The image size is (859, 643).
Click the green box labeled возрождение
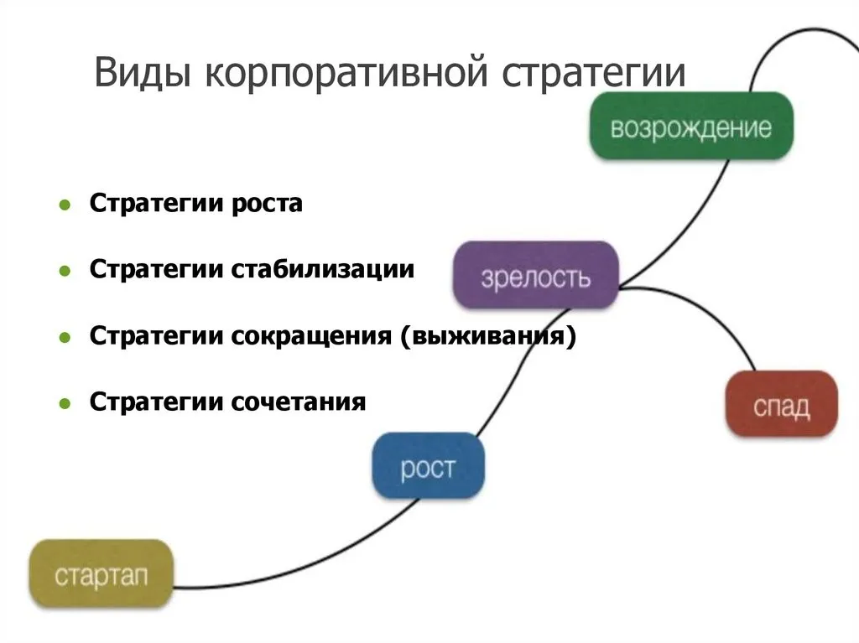pos(691,126)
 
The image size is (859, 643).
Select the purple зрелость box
pos(536,275)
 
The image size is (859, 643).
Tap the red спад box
pos(781,404)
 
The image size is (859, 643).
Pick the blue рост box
pos(428,466)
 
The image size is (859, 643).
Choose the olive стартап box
pos(102,574)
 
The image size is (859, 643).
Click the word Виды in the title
pos(143,72)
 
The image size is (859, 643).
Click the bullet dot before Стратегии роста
pos(65,205)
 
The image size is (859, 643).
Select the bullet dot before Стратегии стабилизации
pos(65,271)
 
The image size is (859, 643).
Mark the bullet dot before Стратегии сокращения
pos(65,337)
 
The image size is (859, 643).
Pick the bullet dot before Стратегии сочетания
pos(65,404)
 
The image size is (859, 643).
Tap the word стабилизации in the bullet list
pos(323,269)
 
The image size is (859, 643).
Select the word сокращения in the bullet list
pos(311,335)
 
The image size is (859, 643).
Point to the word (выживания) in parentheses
pos(488,335)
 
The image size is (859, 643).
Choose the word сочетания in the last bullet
pos(298,402)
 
